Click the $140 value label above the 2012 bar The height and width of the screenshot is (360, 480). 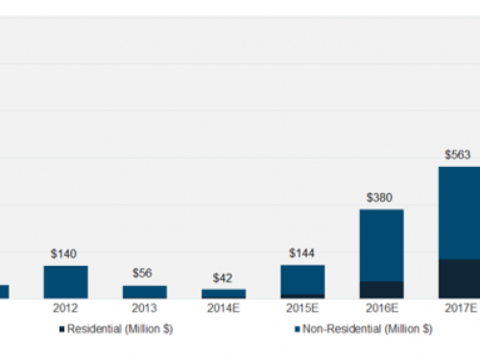pyautogui.click(x=65, y=253)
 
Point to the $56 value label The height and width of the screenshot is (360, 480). pyautogui.click(x=144, y=273)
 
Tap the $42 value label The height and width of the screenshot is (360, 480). pyautogui.click(x=223, y=276)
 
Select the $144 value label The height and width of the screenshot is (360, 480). pyautogui.click(x=302, y=253)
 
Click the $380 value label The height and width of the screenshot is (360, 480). pyautogui.click(x=381, y=197)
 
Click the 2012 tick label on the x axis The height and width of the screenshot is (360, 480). pyautogui.click(x=65, y=309)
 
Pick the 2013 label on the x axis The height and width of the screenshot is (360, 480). pyautogui.click(x=144, y=309)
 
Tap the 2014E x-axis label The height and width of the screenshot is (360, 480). pyautogui.click(x=223, y=309)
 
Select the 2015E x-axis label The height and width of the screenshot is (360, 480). pyautogui.click(x=302, y=309)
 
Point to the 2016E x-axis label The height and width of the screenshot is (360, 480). pyautogui.click(x=381, y=309)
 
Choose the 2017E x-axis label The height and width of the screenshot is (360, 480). pyautogui.click(x=460, y=309)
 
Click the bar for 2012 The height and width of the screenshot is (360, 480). pyautogui.click(x=65, y=281)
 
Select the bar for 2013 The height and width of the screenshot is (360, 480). pyautogui.click(x=144, y=291)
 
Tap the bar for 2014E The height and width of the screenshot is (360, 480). pyautogui.click(x=223, y=293)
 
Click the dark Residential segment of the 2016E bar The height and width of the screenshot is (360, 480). pyautogui.click(x=381, y=289)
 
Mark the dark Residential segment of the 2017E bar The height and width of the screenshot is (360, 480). pyautogui.click(x=460, y=278)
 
